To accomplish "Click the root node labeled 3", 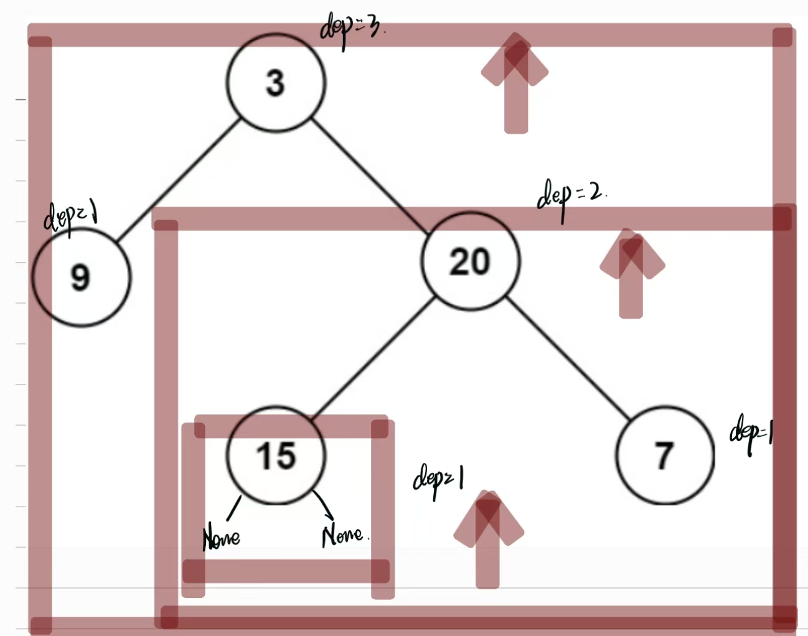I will point(276,82).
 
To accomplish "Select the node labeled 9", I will point(82,276).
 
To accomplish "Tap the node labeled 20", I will point(470,261).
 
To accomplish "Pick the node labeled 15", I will point(276,455).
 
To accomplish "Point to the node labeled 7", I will point(664,455).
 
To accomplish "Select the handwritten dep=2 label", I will point(570,195).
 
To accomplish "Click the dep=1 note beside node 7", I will point(751,432).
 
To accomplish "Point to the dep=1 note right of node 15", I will point(438,480).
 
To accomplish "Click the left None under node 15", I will point(221,536).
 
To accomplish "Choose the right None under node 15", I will point(343,535).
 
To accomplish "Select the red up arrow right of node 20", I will point(631,271).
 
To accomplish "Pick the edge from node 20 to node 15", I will point(372,358).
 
